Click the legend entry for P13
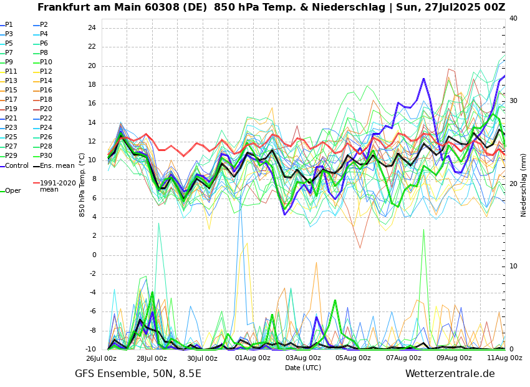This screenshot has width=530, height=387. coord(11,81)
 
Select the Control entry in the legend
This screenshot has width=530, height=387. coord(16,165)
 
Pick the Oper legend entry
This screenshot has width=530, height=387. coord(12,191)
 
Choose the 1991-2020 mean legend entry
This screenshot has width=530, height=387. coord(57,186)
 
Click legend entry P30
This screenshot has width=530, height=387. coord(46,156)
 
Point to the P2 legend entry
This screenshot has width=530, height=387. coord(44,25)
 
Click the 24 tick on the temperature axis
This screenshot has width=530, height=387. coord(91,28)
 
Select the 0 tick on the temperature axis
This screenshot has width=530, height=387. coord(94,255)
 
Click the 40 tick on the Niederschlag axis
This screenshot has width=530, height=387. coord(513,19)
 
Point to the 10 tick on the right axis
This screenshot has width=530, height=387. coord(513,267)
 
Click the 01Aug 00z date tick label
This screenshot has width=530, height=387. coord(253,358)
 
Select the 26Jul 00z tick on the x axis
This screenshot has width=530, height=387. coord(101,358)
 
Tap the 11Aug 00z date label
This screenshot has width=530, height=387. coord(504,358)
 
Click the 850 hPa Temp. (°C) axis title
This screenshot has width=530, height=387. coord(82,184)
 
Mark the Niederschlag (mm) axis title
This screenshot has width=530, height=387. coord(524,184)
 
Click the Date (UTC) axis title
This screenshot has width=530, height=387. coord(303,368)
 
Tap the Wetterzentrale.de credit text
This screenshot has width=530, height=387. coord(450,374)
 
